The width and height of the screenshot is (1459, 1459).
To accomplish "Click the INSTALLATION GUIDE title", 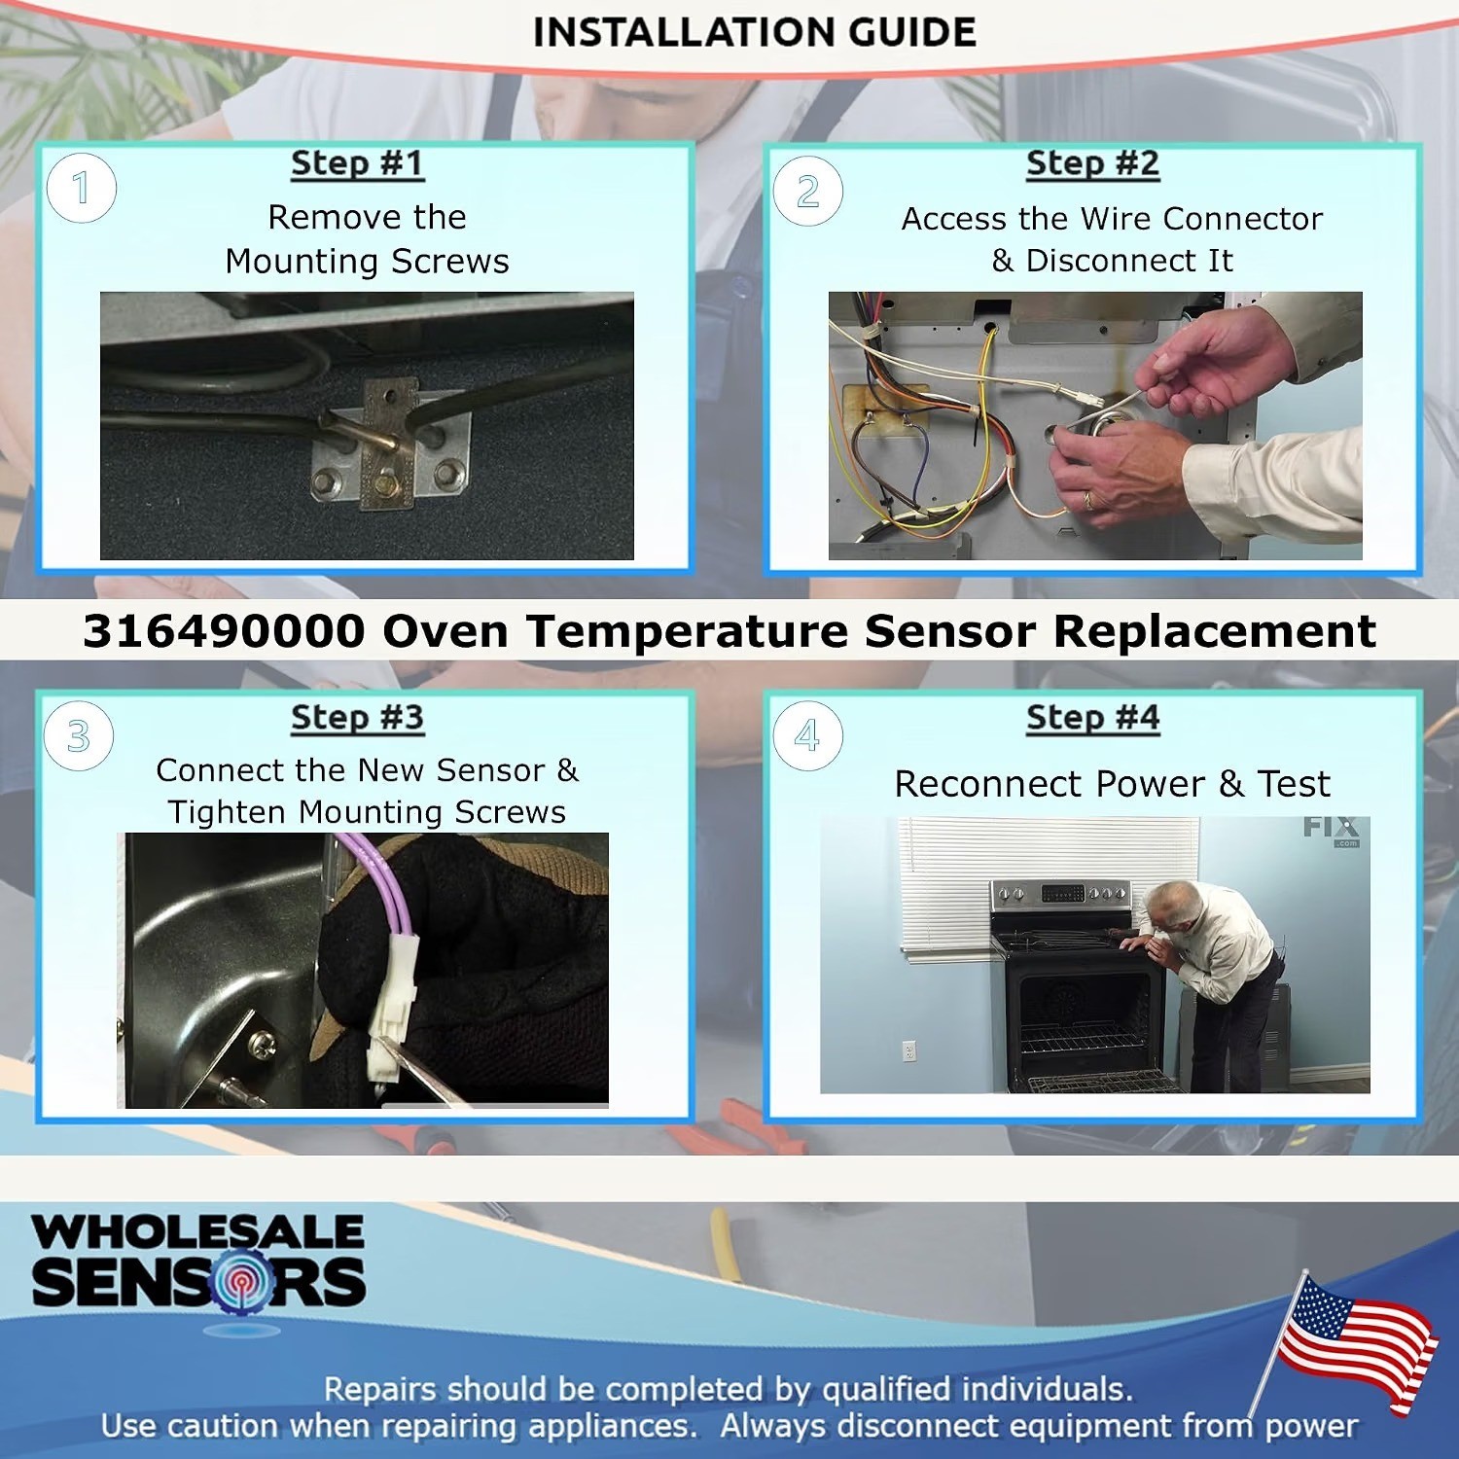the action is [x=754, y=32].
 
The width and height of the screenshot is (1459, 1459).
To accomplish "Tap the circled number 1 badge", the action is [x=82, y=188].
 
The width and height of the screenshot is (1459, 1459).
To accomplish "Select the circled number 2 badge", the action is [x=808, y=192].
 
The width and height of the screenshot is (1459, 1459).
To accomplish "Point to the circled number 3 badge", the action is [x=79, y=736].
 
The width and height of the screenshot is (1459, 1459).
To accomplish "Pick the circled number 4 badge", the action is [x=807, y=736].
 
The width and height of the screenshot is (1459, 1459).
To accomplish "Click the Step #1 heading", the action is [x=358, y=163].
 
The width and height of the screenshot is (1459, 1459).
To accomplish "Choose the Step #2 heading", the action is [x=1093, y=163].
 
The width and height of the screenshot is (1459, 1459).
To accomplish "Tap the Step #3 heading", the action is [x=358, y=718].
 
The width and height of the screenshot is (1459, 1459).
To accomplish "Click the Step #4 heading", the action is [x=1093, y=718].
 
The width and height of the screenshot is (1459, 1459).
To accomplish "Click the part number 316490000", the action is [x=224, y=631].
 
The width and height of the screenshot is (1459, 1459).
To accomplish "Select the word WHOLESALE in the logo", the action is [x=198, y=1231].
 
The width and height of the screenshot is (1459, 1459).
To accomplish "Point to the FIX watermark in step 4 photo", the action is [x=1331, y=829].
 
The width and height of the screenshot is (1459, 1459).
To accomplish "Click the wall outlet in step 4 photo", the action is [x=909, y=1051].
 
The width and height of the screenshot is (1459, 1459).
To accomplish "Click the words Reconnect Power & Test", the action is [x=1112, y=784].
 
